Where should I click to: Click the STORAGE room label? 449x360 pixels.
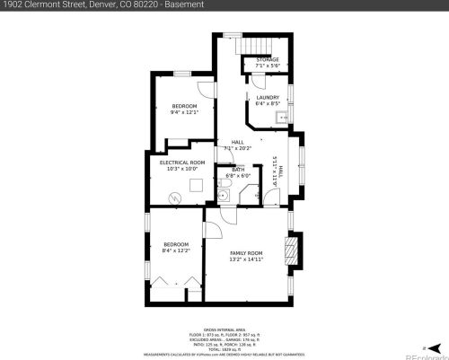[267, 60]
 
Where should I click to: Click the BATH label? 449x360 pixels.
[238, 170]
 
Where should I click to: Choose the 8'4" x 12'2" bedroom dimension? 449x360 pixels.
[176, 250]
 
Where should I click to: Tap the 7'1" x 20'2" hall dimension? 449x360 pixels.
[238, 148]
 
